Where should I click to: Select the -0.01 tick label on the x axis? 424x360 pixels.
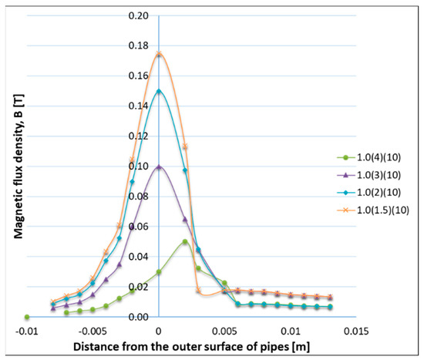tap(27, 331)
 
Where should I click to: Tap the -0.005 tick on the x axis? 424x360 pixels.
tap(92, 331)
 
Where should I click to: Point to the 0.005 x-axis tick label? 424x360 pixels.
tap(224, 331)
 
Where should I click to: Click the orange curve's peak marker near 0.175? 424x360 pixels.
tap(159, 54)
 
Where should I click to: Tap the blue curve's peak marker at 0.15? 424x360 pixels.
tap(159, 91)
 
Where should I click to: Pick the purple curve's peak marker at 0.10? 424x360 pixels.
tap(159, 167)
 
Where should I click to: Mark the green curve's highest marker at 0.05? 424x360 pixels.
tap(185, 241)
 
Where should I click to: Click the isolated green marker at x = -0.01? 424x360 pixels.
tap(27, 317)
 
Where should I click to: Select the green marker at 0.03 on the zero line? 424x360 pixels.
tap(159, 271)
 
